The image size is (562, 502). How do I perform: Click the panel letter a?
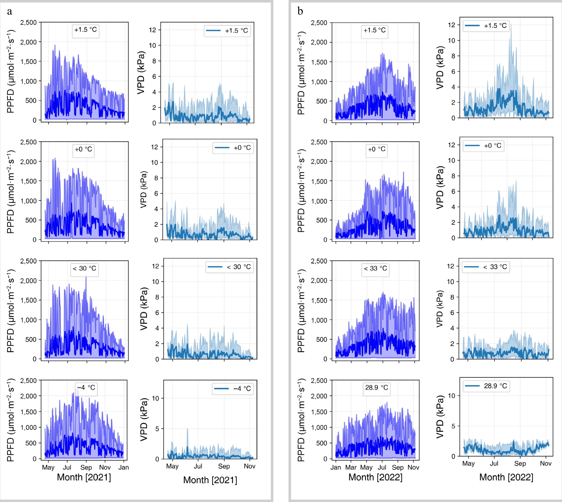[x=10, y=12]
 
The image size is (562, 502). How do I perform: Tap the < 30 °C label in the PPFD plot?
[x=84, y=268]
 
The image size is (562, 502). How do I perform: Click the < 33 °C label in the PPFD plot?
[x=375, y=268]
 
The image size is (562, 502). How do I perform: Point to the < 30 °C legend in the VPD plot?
[x=230, y=267]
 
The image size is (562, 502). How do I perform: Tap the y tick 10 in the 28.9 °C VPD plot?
[x=451, y=396]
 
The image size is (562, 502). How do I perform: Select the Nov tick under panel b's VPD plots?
[x=545, y=463]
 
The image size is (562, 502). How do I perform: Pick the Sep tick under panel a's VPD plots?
[x=224, y=466]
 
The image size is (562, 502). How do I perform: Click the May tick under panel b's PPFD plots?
[x=366, y=467]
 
